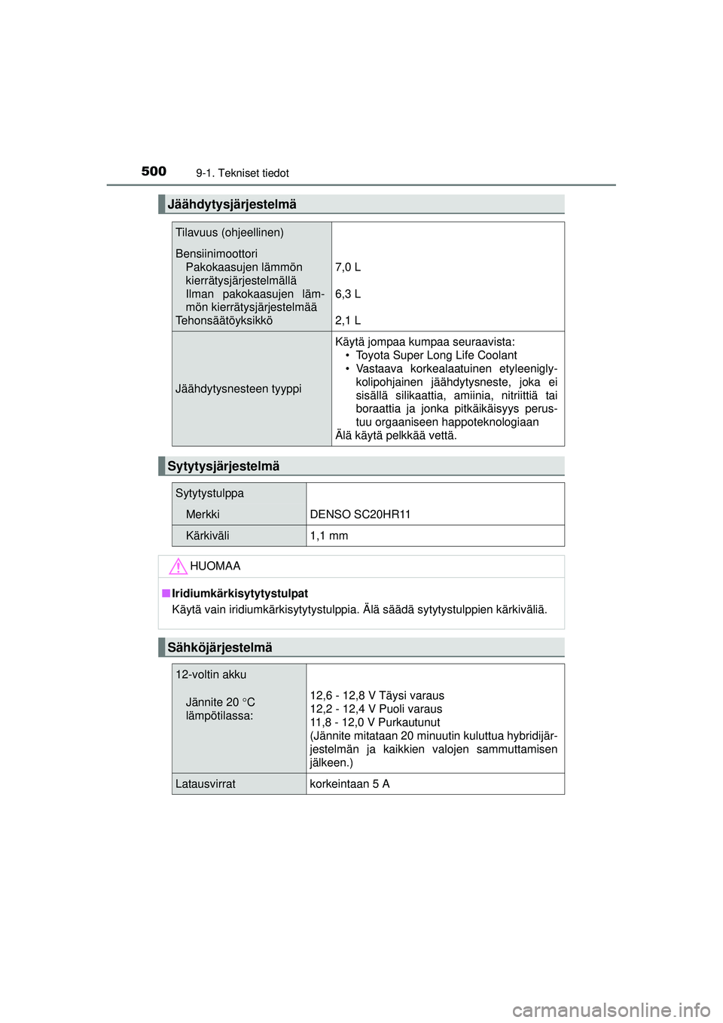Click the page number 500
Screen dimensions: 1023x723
tap(154, 172)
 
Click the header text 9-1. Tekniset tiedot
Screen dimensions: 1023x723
tap(242, 173)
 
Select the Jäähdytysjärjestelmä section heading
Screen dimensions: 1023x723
tap(231, 204)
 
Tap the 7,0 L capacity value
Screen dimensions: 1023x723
tap(348, 267)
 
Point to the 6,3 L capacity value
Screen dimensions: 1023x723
tap(348, 294)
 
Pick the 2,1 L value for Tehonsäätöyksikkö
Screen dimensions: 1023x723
tap(348, 321)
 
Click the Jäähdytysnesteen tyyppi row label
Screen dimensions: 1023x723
tap(238, 389)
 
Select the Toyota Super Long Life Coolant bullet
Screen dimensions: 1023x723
tap(436, 356)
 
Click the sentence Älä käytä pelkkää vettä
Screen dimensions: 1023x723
tap(395, 435)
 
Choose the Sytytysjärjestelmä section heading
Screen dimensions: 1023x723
tap(223, 466)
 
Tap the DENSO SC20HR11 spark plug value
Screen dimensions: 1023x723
tap(360, 515)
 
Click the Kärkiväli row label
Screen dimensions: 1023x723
tap(207, 536)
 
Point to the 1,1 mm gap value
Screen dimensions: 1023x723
tap(329, 536)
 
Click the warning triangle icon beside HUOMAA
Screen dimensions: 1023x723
tap(178, 566)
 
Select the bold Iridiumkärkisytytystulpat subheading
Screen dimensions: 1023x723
tap(239, 594)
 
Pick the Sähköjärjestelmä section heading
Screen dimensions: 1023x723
tap(219, 648)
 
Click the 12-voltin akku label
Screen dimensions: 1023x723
tap(211, 675)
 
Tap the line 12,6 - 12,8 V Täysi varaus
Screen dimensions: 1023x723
tap(377, 696)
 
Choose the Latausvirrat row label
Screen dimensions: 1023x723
tap(206, 784)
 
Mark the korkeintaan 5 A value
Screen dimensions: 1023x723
tap(349, 784)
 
